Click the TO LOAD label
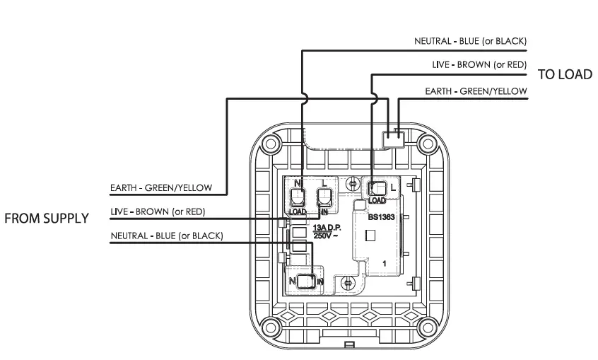(x=565, y=75)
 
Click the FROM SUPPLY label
(x=47, y=219)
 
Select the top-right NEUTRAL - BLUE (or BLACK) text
(x=470, y=42)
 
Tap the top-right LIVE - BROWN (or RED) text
(x=479, y=64)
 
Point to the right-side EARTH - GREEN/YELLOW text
(x=476, y=91)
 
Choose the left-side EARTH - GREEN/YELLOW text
(x=161, y=189)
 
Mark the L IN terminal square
(x=324, y=196)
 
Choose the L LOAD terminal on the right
(x=378, y=187)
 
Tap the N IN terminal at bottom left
(x=305, y=281)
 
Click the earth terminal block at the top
(x=393, y=138)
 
